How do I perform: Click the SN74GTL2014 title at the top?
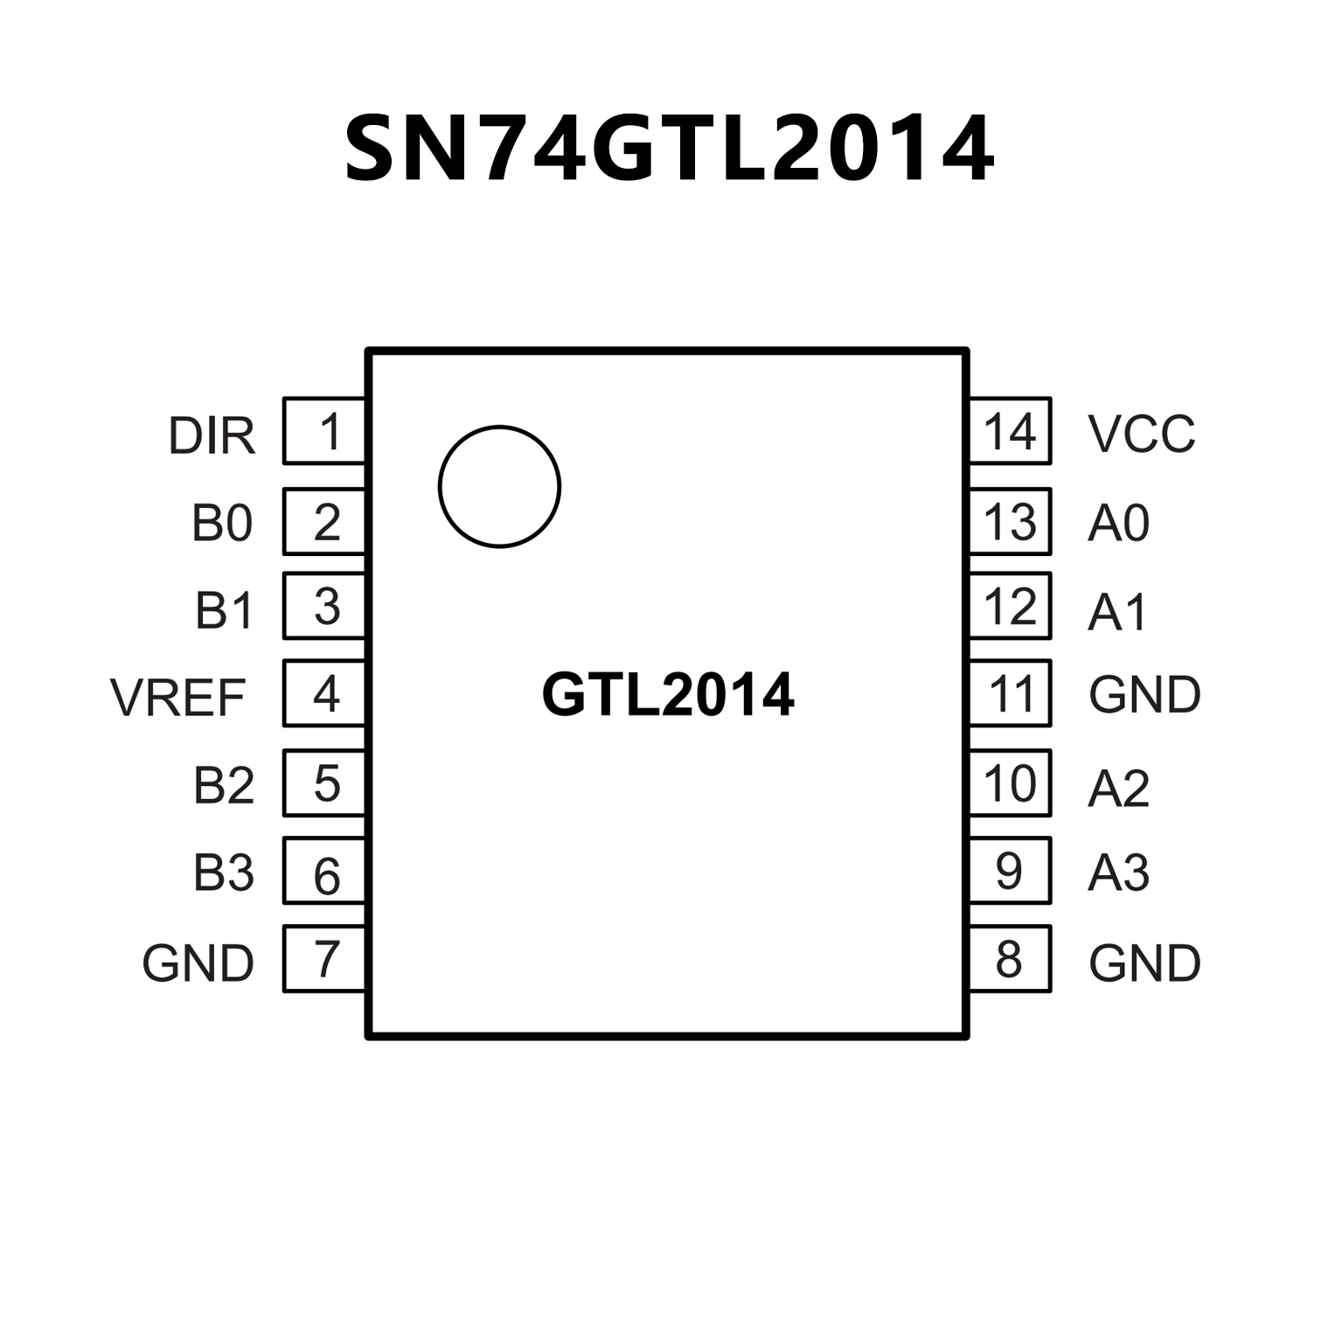point(670,149)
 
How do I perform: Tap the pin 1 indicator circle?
point(499,487)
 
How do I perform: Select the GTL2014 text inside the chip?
point(668,695)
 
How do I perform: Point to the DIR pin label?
point(212,436)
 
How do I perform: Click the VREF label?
point(178,698)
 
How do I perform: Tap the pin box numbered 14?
point(1010,431)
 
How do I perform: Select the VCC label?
point(1141,434)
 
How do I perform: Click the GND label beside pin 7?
point(198,963)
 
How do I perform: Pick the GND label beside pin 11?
point(1144,695)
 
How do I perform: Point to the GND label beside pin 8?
point(1144,963)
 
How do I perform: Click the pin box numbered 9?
point(1010,871)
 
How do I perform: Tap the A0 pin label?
point(1118,524)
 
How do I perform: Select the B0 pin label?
point(222,524)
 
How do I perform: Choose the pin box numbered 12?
point(1010,606)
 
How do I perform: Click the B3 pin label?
point(224,873)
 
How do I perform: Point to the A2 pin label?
point(1118,789)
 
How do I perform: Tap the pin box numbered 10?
point(1010,783)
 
